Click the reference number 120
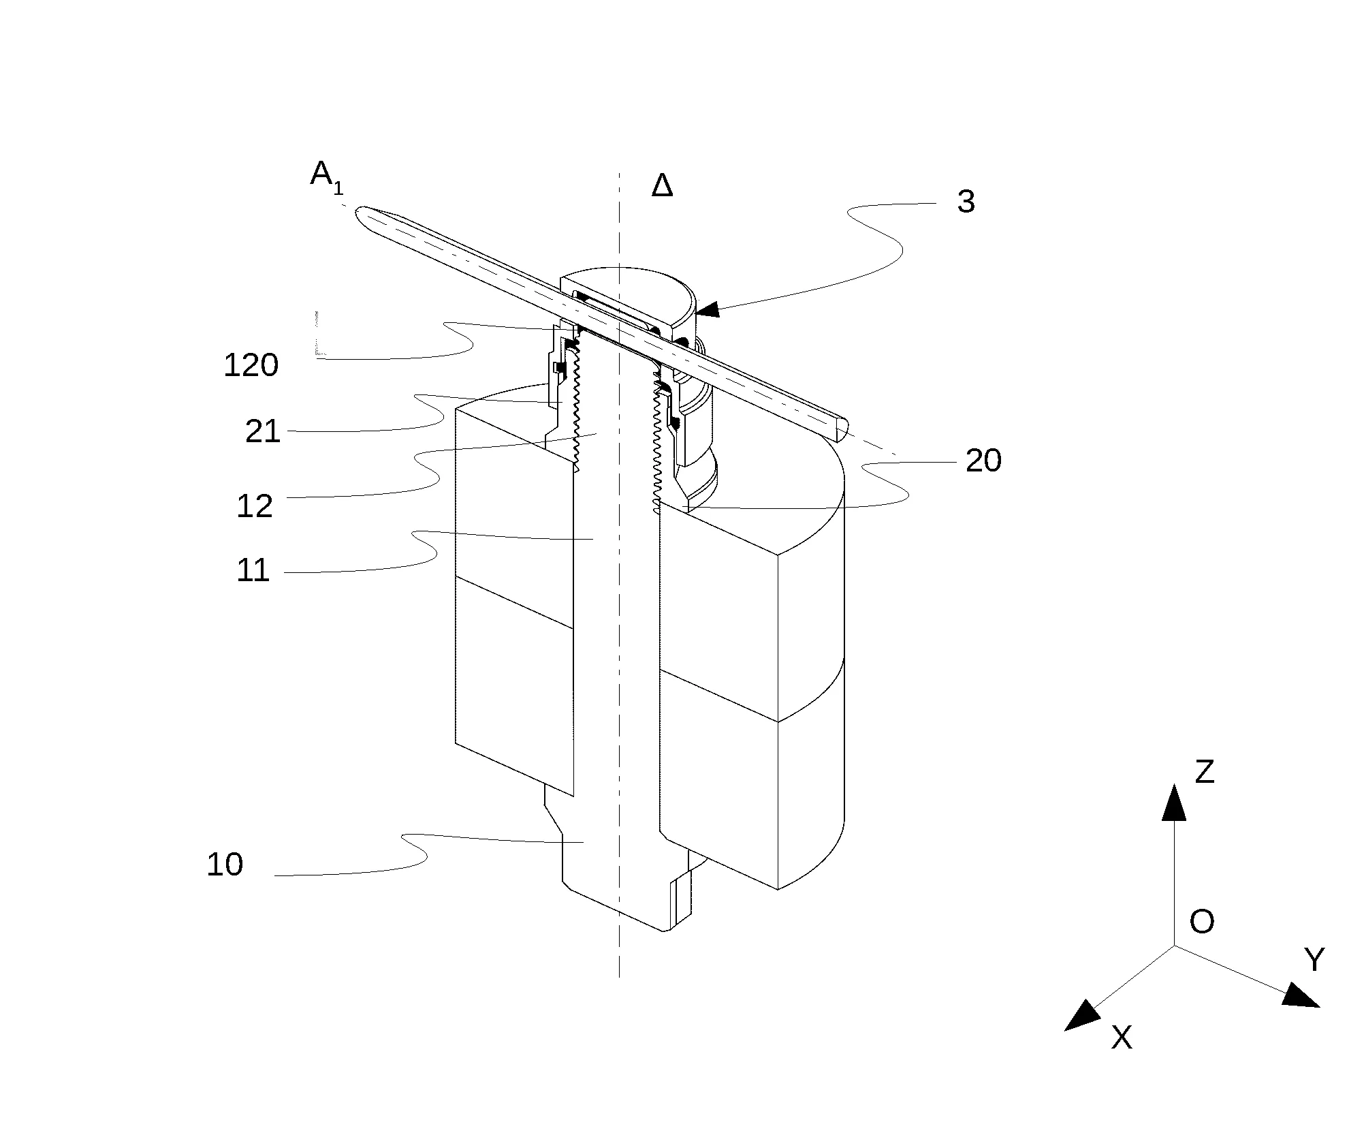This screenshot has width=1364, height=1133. click(251, 366)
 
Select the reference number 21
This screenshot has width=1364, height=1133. click(263, 432)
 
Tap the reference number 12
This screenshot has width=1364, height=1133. click(255, 506)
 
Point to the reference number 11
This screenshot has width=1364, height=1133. click(253, 570)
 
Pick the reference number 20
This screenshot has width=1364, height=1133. click(984, 461)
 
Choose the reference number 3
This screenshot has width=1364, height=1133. click(966, 202)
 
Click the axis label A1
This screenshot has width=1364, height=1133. click(327, 176)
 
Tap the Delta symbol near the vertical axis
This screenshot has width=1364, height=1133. click(662, 185)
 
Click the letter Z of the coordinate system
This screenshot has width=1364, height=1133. click(1205, 772)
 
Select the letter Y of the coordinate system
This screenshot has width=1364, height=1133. click(1314, 960)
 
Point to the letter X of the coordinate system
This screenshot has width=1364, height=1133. click(1122, 1037)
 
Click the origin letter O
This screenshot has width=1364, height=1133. click(1202, 922)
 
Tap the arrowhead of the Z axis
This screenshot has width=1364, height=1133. click(1173, 802)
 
